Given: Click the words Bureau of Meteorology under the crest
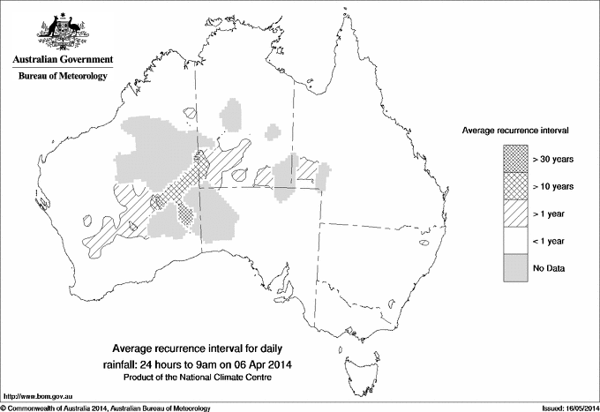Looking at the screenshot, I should pyautogui.click(x=62, y=77).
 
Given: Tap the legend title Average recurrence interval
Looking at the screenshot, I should pyautogui.click(x=514, y=130).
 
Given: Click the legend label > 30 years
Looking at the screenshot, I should pyautogui.click(x=552, y=160).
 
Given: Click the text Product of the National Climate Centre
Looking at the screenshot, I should pyautogui.click(x=204, y=378).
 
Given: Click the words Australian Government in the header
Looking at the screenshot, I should pyautogui.click(x=62, y=60).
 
